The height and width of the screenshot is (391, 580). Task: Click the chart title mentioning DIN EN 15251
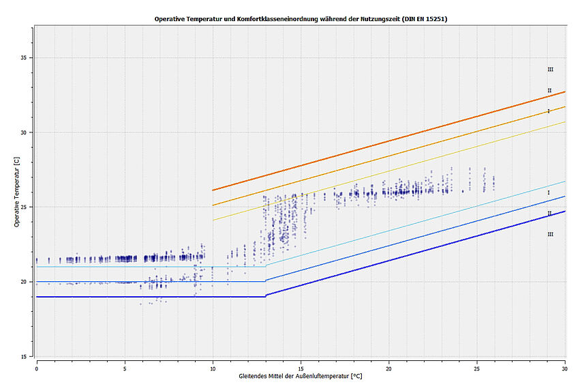[x=301, y=18]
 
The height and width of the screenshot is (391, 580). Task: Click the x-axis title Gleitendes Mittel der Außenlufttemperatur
[x=301, y=376]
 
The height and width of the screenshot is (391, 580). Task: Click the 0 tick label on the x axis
[x=37, y=367]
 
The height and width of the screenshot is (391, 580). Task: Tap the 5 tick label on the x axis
[x=125, y=367]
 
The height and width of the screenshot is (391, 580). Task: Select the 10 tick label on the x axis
[x=213, y=367]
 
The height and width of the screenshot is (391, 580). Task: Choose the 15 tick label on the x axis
[x=301, y=367]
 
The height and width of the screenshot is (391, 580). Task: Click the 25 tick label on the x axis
[x=477, y=367]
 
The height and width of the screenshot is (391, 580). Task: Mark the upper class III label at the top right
[x=550, y=70]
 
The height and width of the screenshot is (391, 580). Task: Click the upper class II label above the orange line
[x=549, y=90]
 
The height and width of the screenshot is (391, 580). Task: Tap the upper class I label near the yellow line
[x=549, y=111]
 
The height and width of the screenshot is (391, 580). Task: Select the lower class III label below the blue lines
[x=550, y=234]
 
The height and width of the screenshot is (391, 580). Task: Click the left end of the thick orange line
[x=213, y=190]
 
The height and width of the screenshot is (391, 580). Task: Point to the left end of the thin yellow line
[x=213, y=220]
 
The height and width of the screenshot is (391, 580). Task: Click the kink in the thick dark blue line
[x=265, y=295]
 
